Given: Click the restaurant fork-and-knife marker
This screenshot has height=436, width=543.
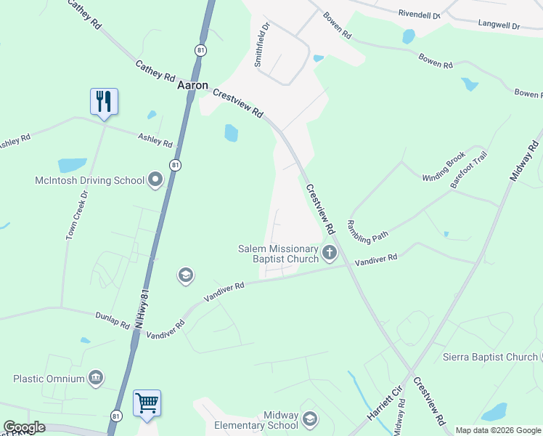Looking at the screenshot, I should pos(104,102).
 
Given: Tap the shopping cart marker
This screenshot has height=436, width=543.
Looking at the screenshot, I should pos(147,403).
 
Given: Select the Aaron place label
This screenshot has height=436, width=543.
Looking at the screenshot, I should pos(193,85).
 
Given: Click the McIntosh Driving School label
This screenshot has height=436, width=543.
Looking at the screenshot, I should pos(89,180).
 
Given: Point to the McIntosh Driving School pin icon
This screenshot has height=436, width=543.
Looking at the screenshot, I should pos(155,179).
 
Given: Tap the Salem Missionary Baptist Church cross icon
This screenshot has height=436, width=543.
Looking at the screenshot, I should pos(330,254).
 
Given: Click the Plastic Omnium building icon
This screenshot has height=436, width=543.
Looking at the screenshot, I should pos(95,378).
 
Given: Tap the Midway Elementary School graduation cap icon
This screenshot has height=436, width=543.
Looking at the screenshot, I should pos(310,419).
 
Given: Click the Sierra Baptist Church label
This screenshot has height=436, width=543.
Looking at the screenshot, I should pos(490,357).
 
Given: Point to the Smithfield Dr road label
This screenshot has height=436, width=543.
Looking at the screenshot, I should pos(262,44).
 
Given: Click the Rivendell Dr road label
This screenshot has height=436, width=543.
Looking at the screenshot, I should pos(420,13).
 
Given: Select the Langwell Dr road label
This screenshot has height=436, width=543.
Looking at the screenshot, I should pos(499,25).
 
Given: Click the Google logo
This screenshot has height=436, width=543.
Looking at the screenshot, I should pos(25,427).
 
